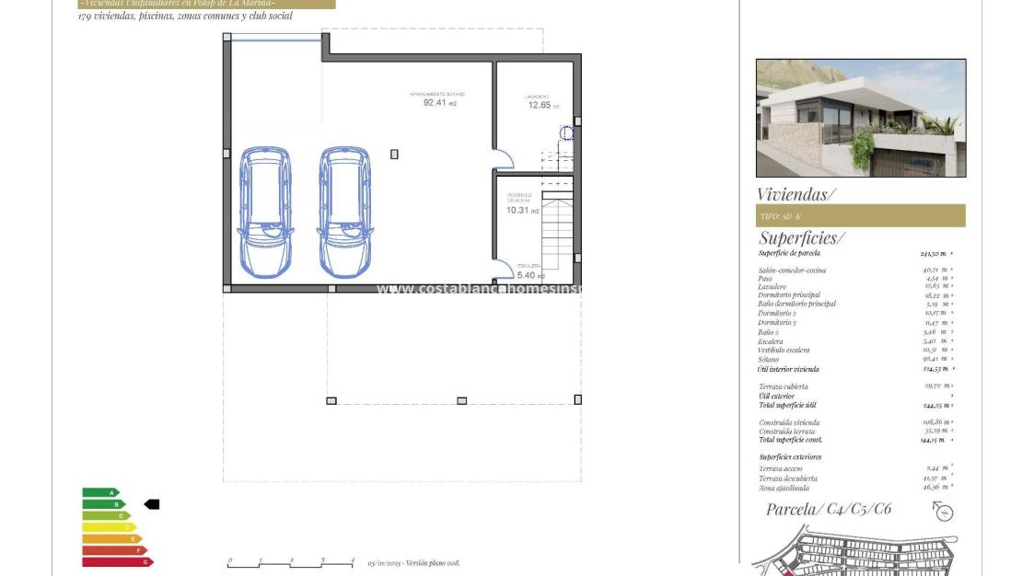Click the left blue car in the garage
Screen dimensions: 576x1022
click(265, 212)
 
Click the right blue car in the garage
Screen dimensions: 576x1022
click(345, 212)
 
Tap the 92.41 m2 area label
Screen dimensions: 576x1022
click(438, 102)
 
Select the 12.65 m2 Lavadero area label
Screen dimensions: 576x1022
click(540, 105)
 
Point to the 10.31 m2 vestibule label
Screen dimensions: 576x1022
click(519, 210)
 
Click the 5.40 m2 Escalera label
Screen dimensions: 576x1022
click(529, 274)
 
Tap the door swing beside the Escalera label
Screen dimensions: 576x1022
click(504, 269)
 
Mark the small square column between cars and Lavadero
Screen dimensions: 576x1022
click(395, 155)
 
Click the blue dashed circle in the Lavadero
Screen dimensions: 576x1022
click(567, 133)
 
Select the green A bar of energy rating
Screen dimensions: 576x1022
click(100, 493)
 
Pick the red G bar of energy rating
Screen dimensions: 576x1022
click(117, 561)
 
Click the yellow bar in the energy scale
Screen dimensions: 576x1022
click(109, 527)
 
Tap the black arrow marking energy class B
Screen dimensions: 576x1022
click(152, 504)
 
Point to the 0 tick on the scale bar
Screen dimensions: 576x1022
click(229, 561)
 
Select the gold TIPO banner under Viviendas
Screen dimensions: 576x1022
click(860, 216)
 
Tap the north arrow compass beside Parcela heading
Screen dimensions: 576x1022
click(943, 513)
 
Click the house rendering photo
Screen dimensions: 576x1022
click(861, 118)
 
